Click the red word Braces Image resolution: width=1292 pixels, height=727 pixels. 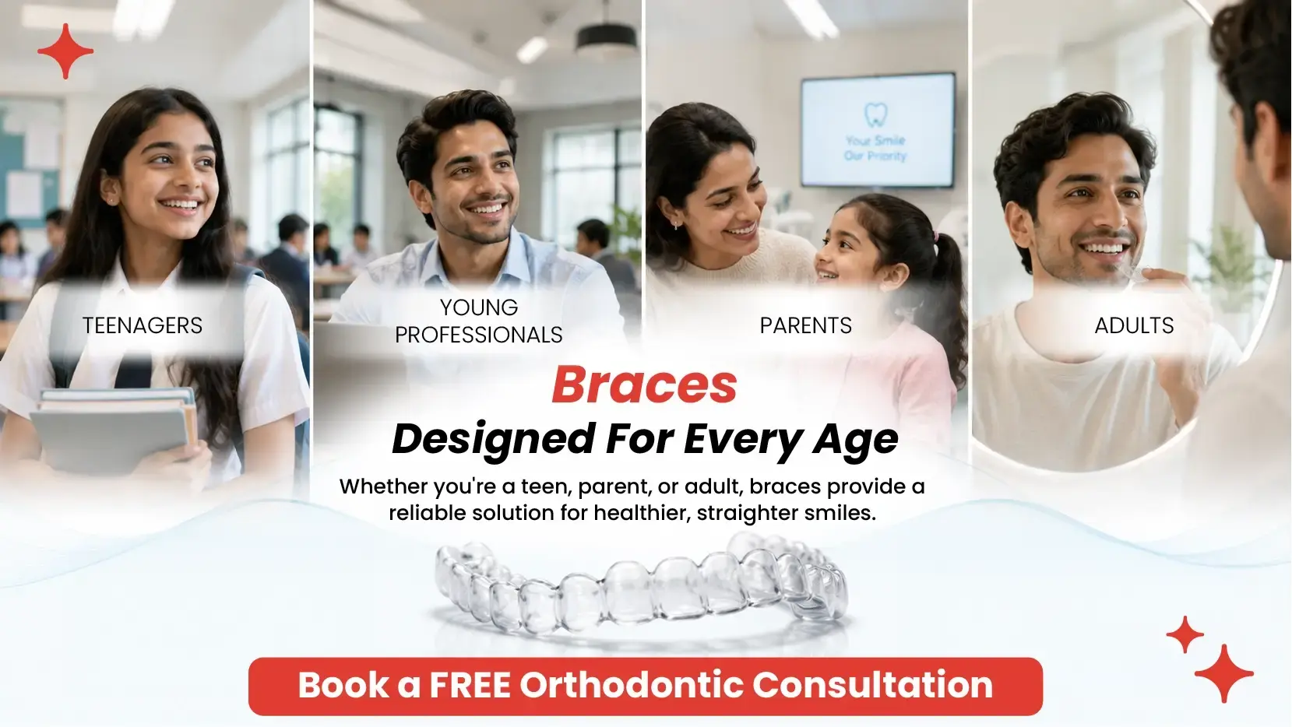pyautogui.click(x=644, y=385)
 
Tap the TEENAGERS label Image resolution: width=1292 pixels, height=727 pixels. pyautogui.click(x=143, y=325)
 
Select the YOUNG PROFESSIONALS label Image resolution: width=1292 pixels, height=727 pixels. pyautogui.click(x=479, y=321)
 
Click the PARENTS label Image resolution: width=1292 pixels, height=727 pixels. pyautogui.click(x=806, y=325)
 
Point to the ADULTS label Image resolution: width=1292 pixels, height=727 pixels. pyautogui.click(x=1134, y=325)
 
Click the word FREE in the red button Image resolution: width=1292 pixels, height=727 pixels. pyautogui.click(x=470, y=685)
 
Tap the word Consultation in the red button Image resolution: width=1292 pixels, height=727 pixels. pyautogui.click(x=872, y=685)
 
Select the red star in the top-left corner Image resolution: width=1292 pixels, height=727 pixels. pyautogui.click(x=65, y=51)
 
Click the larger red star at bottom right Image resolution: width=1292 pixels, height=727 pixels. pyautogui.click(x=1224, y=673)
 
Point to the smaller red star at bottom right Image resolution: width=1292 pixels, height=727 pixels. pyautogui.click(x=1185, y=634)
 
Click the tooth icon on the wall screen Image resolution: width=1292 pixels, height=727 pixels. pyautogui.click(x=875, y=114)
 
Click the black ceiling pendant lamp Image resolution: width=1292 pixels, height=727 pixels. pyautogui.click(x=606, y=37)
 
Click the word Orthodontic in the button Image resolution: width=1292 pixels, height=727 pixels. pyautogui.click(x=631, y=685)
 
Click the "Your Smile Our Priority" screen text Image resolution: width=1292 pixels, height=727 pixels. pyautogui.click(x=875, y=148)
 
